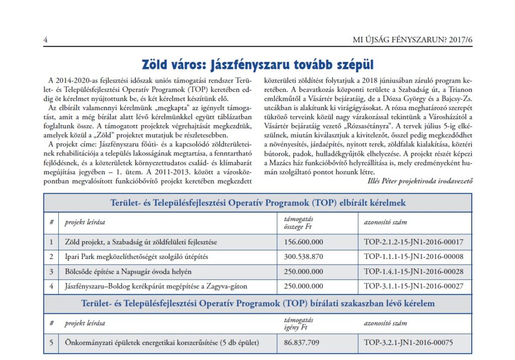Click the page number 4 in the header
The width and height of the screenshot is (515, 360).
pyautogui.click(x=45, y=40)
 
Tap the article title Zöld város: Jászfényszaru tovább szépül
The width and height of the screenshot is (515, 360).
pyautogui.click(x=257, y=65)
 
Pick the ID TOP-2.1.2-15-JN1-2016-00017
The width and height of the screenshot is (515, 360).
pyautogui.click(x=413, y=242)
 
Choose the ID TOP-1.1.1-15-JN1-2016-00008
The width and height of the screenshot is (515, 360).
pyautogui.click(x=413, y=257)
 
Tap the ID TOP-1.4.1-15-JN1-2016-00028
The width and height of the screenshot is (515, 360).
pyautogui.click(x=413, y=272)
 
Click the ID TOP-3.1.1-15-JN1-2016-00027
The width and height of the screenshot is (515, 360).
pyautogui.click(x=413, y=286)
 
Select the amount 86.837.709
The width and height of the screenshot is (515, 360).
pyautogui.click(x=302, y=343)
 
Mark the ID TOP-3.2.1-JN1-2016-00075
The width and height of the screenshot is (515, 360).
pyautogui.click(x=408, y=343)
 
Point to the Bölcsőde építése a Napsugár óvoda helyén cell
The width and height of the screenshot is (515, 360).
pyautogui.click(x=135, y=272)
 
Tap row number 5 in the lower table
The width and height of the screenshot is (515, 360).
pyautogui.click(x=51, y=343)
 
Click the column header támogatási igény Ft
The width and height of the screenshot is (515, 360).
pyautogui.click(x=299, y=323)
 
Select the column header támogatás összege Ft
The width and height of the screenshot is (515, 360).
pyautogui.click(x=299, y=222)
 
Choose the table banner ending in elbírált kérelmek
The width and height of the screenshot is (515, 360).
pyautogui.click(x=257, y=203)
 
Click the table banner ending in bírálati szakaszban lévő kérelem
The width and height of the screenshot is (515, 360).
pyautogui.click(x=257, y=304)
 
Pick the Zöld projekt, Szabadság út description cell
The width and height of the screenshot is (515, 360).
pyautogui.click(x=141, y=242)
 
